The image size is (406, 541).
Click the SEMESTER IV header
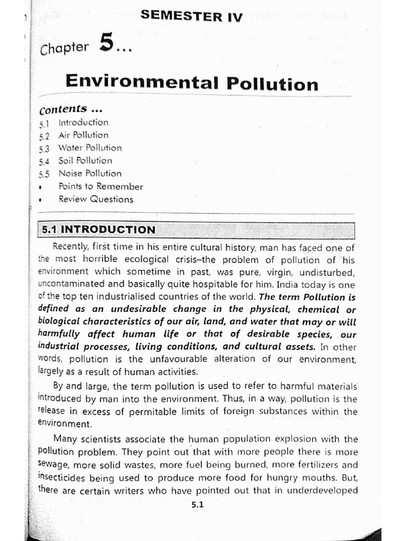(191, 17)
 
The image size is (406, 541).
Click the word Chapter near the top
(64, 48)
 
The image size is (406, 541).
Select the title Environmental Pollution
(191, 83)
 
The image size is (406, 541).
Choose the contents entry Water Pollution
(89, 148)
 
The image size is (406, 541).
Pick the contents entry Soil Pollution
(85, 161)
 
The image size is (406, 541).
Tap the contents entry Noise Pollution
(89, 173)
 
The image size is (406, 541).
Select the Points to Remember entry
(100, 186)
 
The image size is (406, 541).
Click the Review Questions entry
(96, 199)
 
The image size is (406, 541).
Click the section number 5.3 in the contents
(44, 148)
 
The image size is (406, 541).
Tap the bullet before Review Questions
(41, 200)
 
